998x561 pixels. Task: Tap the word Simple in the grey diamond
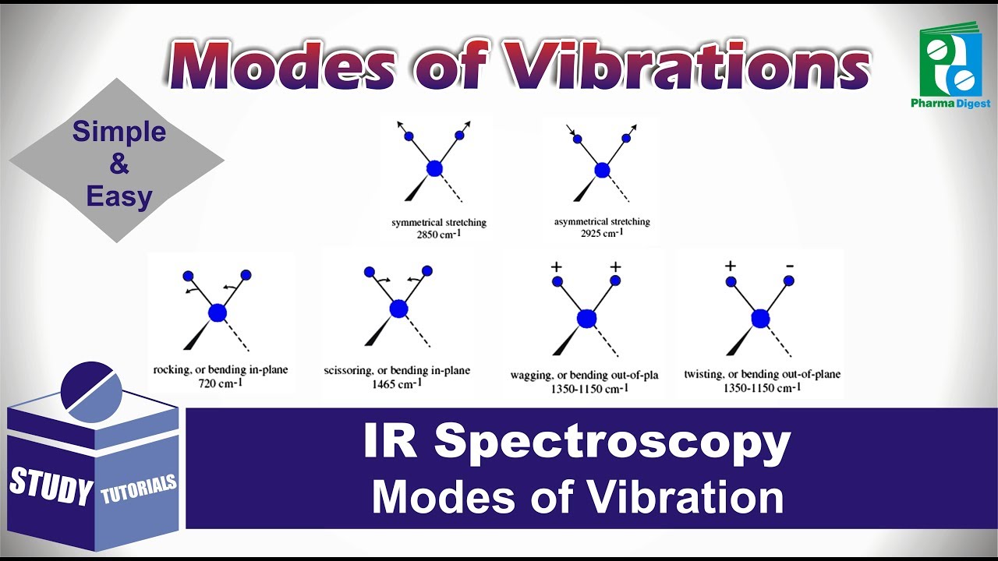click(119, 132)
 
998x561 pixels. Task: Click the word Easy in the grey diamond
click(119, 196)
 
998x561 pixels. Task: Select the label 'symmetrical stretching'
click(439, 223)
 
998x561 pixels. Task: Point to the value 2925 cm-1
click(601, 234)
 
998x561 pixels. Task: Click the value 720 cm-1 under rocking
click(210, 382)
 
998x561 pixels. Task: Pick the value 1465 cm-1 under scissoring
click(397, 383)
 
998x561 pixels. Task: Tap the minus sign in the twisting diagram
click(789, 265)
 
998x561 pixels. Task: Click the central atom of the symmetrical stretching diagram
click(434, 168)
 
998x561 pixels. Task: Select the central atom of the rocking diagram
click(218, 312)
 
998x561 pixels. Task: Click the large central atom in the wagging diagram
click(586, 318)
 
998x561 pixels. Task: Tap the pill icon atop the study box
click(90, 386)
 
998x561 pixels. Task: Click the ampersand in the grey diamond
click(119, 164)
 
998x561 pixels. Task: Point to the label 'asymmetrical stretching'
click(602, 222)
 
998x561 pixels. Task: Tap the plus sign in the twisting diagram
click(731, 265)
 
